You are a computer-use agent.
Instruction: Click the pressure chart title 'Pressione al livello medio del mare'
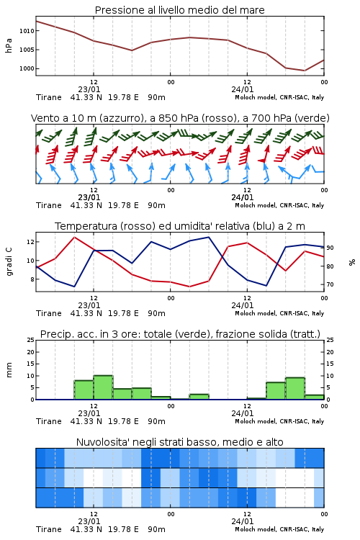[179, 10]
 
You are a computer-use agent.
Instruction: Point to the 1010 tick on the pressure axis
[27, 31]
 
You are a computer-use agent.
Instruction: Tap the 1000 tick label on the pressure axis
[27, 68]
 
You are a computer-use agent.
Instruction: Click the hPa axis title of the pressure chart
[9, 45]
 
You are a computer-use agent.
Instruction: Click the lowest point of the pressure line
[305, 71]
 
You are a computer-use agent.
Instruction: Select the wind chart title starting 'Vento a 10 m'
[180, 118]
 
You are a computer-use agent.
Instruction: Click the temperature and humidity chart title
[180, 226]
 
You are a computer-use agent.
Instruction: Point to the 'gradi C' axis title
[9, 261]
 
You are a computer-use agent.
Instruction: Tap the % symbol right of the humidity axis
[352, 262]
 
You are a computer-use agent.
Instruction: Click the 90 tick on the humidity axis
[330, 248]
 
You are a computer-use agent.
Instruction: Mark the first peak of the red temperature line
[74, 237]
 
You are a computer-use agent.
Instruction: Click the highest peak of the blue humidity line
[208, 237]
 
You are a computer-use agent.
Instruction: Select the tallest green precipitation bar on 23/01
[103, 387]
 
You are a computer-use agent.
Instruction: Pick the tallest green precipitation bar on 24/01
[295, 389]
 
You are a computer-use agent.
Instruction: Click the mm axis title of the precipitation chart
[9, 370]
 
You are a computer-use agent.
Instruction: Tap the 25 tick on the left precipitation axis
[31, 341]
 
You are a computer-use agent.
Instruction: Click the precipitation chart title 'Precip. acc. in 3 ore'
[180, 334]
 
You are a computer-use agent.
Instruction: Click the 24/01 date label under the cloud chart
[242, 521]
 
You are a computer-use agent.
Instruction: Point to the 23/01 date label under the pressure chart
[89, 89]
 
